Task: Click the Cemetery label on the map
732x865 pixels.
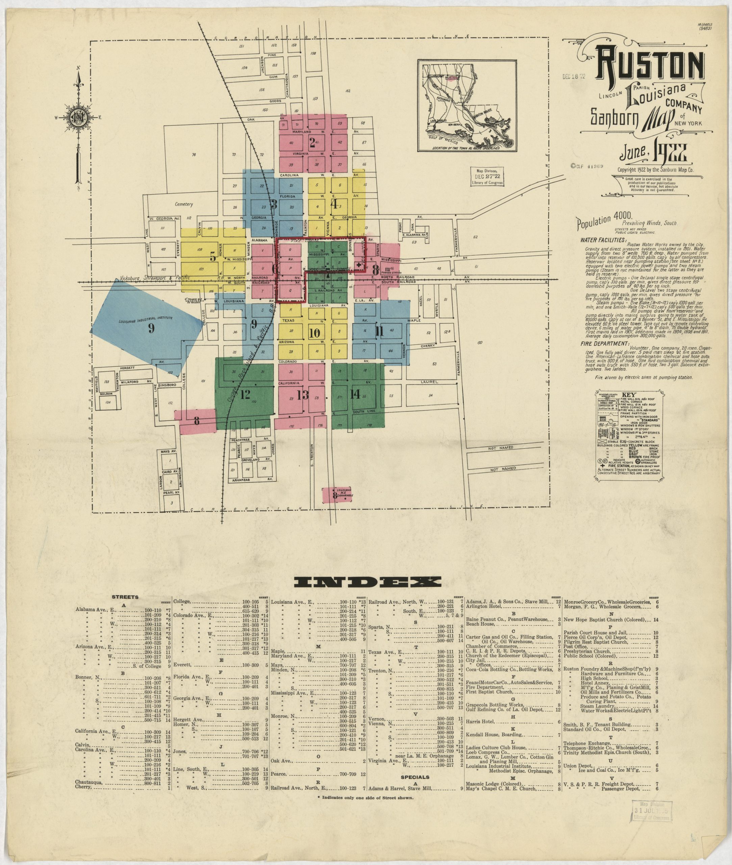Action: pyautogui.click(x=184, y=204)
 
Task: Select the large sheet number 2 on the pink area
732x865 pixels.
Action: pyautogui.click(x=312, y=142)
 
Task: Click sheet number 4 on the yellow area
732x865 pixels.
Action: pyautogui.click(x=334, y=204)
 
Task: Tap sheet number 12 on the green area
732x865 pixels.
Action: pyautogui.click(x=245, y=394)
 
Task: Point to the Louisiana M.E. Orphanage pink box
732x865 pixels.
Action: pyautogui.click(x=336, y=494)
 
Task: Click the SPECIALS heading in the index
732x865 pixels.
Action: pyautogui.click(x=414, y=776)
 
